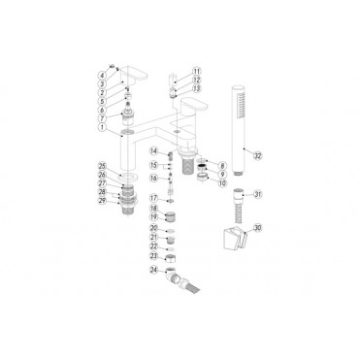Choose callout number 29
pos(102,203)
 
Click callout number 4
pos(102,74)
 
